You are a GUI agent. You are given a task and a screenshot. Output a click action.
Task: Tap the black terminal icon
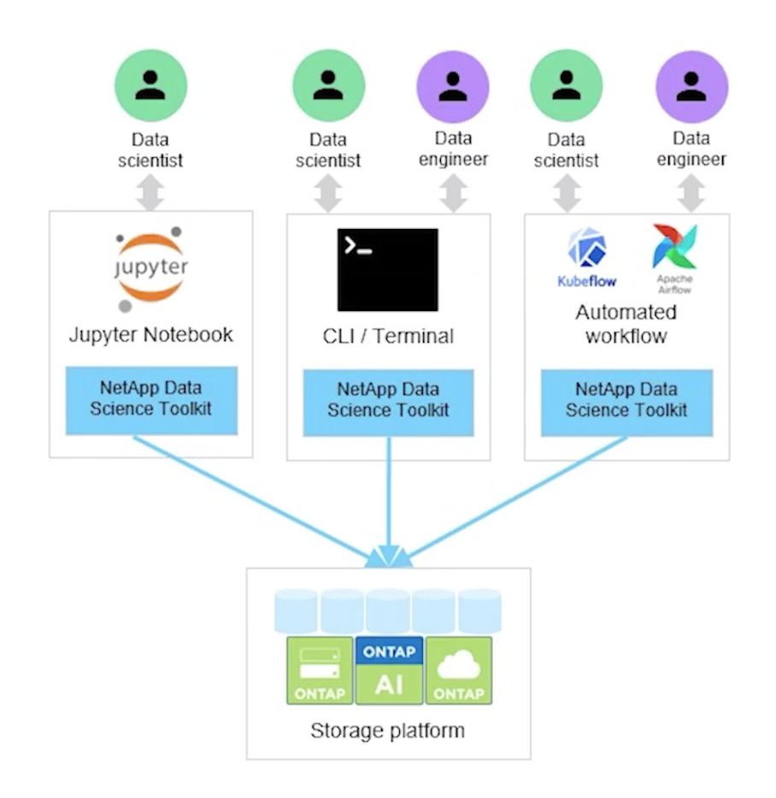click(387, 269)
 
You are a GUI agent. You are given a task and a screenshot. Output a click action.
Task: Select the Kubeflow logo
click(587, 257)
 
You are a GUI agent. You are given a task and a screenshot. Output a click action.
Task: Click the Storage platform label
click(387, 731)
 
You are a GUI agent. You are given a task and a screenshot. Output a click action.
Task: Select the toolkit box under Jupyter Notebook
click(151, 400)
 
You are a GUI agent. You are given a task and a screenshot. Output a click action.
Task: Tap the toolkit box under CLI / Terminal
click(389, 401)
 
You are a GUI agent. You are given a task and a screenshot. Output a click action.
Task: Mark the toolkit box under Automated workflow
click(626, 401)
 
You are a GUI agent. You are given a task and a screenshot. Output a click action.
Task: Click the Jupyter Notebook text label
click(151, 334)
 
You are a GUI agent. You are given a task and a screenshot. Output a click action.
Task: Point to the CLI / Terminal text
click(389, 337)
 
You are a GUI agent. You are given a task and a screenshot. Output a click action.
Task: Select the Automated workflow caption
click(626, 323)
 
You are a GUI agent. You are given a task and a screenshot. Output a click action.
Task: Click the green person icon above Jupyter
click(151, 86)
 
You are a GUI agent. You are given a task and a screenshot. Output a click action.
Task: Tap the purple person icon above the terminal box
click(453, 86)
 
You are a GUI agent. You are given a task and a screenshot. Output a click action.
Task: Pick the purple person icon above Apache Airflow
click(691, 86)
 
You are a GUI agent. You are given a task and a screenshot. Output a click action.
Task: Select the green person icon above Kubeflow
click(566, 86)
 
